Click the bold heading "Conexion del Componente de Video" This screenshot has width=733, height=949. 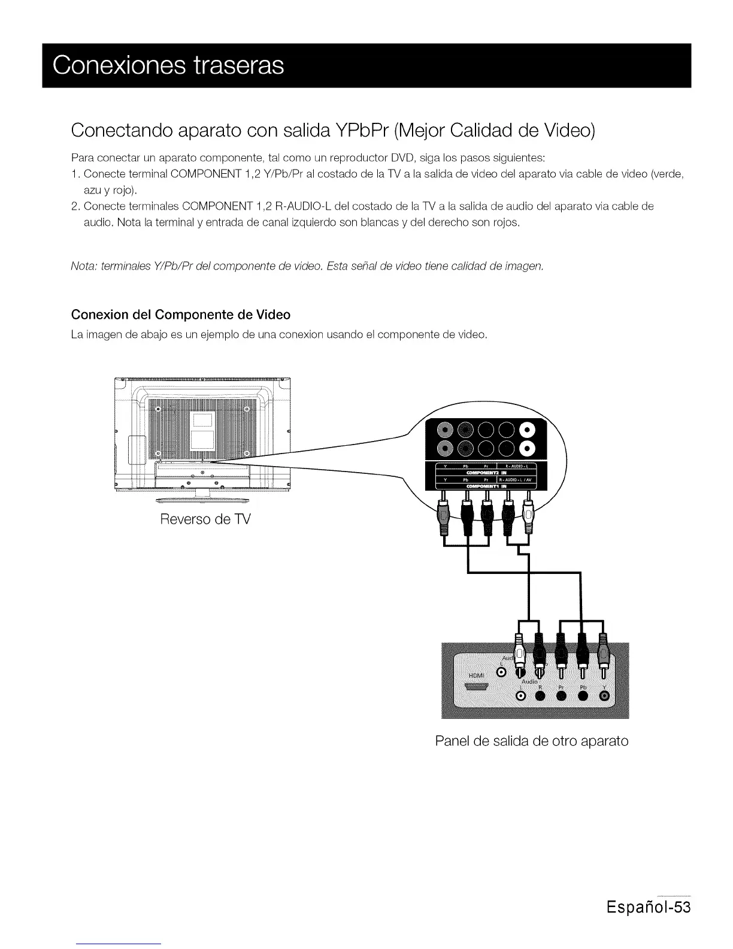pos(180,315)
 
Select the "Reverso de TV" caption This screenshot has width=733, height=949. pos(205,519)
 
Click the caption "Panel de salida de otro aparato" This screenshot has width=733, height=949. pos(531,741)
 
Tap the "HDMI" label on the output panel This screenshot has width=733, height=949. pos(476,676)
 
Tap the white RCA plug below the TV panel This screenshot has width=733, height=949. pos(528,515)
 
